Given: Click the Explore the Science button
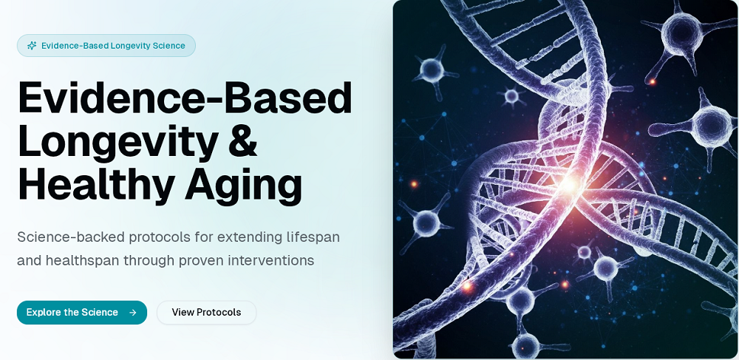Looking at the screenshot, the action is pos(82,313).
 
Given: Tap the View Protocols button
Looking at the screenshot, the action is pos(206,313).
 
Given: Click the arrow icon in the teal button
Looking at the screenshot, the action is pos(132,313).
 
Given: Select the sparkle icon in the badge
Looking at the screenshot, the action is pos(32,46).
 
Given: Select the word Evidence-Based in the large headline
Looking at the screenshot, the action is pos(185,98).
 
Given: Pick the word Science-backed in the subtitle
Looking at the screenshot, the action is pos(71,237).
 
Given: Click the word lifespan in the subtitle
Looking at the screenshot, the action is pos(313,237).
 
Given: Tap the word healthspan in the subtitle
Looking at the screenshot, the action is pos(82,261).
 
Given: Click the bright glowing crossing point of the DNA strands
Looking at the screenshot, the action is pos(569,184).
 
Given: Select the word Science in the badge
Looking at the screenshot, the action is pos(168,46).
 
